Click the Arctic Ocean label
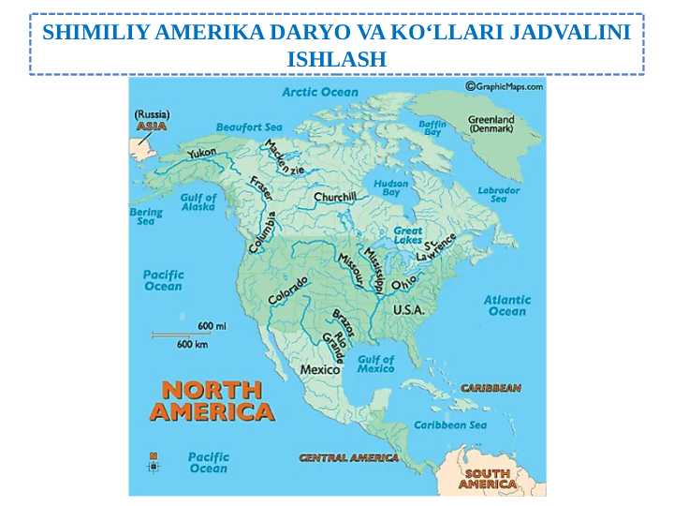(x=320, y=92)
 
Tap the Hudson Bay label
(x=390, y=187)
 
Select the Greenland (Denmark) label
(x=491, y=124)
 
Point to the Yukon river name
(x=201, y=153)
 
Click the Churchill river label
(x=334, y=198)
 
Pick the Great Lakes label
(x=407, y=235)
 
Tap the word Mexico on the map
(x=319, y=369)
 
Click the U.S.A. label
(x=408, y=309)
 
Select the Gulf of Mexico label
(x=375, y=364)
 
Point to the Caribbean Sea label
(x=450, y=424)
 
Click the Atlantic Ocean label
(x=506, y=305)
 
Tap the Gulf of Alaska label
(x=198, y=202)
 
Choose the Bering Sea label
(x=146, y=216)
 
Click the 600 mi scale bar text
(x=212, y=326)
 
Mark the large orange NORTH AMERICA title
(x=212, y=400)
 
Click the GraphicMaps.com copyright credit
(x=504, y=86)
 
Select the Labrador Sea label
(x=498, y=194)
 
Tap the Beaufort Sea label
(x=249, y=126)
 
